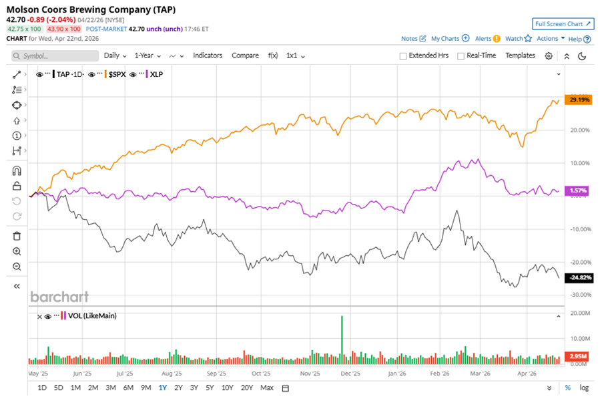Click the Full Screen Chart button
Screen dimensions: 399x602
pyautogui.click(x=563, y=24)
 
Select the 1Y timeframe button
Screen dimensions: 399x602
pyautogui.click(x=163, y=388)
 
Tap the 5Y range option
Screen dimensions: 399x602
pyautogui.click(x=210, y=388)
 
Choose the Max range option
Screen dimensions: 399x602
pyautogui.click(x=267, y=388)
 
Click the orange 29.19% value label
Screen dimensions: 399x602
pyautogui.click(x=578, y=100)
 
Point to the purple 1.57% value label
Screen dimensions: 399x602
pyautogui.click(x=578, y=191)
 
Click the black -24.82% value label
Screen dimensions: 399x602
pyautogui.click(x=578, y=277)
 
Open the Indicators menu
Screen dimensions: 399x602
pyautogui.click(x=208, y=55)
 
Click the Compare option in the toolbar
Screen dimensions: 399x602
pyautogui.click(x=245, y=55)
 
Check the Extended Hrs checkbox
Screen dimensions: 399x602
pyautogui.click(x=403, y=56)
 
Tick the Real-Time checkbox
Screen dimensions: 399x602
pyautogui.click(x=461, y=56)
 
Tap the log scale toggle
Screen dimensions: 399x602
pyautogui.click(x=584, y=388)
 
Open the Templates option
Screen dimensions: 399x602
pyautogui.click(x=520, y=55)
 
